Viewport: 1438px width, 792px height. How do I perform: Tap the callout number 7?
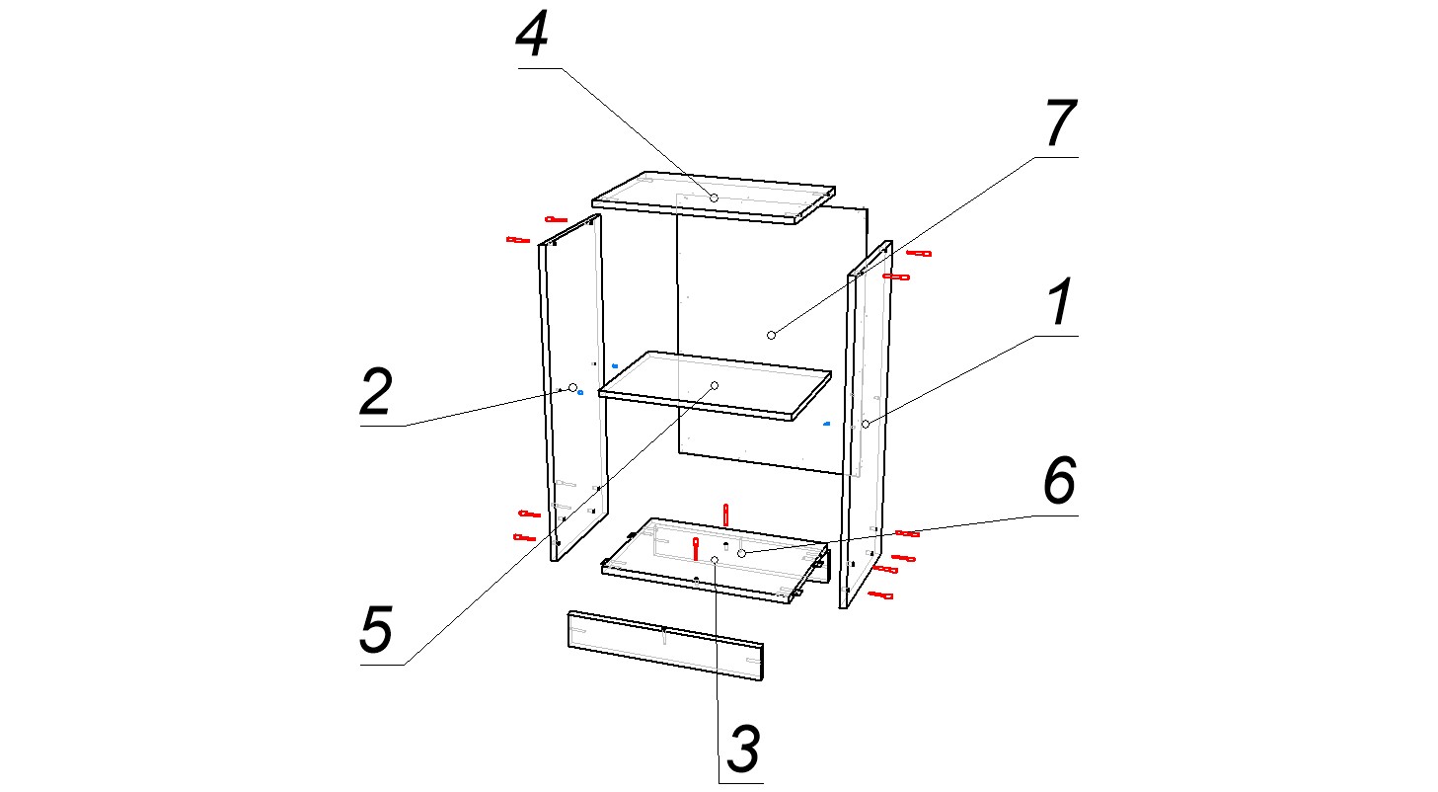pos(1061,123)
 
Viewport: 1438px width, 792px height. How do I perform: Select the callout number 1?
pos(1061,302)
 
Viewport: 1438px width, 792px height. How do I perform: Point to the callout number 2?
pos(376,391)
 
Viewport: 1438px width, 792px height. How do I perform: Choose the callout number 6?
pos(1060,481)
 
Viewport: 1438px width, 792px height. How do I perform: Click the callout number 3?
pos(743,749)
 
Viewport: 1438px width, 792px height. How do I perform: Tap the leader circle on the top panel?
pos(714,198)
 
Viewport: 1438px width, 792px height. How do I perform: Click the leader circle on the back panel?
pos(771,336)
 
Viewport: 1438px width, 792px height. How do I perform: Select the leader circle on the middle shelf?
pos(715,385)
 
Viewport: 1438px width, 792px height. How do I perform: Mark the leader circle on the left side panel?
pos(572,388)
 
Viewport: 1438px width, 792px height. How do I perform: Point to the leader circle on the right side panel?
pos(866,424)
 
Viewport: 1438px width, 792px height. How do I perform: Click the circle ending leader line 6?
pos(741,553)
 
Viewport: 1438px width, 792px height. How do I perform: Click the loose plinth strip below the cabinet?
pos(666,646)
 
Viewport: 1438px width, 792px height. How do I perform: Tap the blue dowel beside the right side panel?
pos(827,424)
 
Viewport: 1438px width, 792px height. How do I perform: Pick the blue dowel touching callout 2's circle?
pos(580,392)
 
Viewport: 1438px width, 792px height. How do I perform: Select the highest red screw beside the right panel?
pos(919,253)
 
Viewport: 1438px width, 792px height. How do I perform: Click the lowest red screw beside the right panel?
pos(880,594)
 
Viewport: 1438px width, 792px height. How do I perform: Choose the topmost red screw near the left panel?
pos(556,219)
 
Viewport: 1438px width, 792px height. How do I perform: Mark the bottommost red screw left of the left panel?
pos(524,537)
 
